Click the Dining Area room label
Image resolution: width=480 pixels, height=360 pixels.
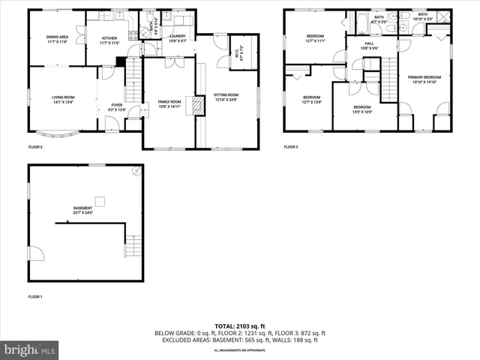(x=57, y=40)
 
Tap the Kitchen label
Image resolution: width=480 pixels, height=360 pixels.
(x=109, y=40)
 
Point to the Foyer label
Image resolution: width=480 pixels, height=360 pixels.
(x=117, y=107)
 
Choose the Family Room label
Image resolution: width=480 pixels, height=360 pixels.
(x=169, y=104)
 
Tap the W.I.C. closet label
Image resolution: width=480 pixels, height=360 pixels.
(x=240, y=53)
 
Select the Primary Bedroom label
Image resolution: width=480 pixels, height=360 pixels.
(x=424, y=79)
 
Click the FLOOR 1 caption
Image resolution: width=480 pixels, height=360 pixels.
(x=35, y=298)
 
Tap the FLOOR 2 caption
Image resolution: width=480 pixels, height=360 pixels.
(x=35, y=147)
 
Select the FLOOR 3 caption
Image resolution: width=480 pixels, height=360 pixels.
(x=291, y=147)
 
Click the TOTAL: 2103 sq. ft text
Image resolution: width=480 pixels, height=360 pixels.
(x=239, y=326)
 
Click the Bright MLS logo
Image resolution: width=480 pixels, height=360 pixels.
(x=30, y=349)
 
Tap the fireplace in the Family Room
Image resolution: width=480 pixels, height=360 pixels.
(x=199, y=105)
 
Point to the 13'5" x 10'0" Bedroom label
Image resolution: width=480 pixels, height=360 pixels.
(x=363, y=109)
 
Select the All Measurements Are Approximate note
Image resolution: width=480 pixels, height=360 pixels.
(x=239, y=350)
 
